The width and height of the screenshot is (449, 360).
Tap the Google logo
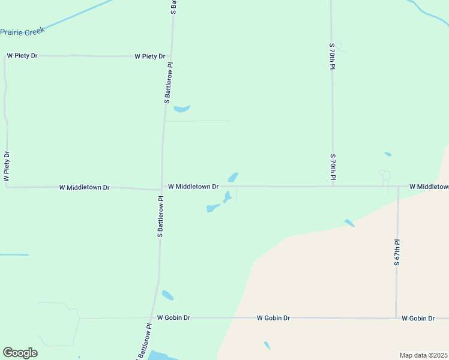[20, 353]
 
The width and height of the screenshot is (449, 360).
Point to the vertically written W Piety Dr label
[7, 166]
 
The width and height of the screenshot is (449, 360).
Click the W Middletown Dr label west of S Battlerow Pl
[84, 187]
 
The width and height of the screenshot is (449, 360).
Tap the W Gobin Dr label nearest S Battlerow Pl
[173, 317]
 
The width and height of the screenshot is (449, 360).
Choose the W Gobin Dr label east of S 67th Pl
[418, 318]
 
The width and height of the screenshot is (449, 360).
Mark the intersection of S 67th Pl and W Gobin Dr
[396, 317]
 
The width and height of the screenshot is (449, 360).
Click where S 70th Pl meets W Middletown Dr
[333, 186]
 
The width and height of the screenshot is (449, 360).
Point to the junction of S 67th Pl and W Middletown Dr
[398, 187]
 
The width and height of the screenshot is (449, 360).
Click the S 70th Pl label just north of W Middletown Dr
[332, 167]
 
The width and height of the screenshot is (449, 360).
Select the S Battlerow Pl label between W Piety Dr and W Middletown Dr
[168, 83]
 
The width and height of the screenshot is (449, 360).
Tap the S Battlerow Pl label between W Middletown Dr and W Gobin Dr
[160, 217]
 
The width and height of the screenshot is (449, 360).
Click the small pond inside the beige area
[267, 346]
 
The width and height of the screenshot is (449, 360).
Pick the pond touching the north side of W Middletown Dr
[233, 178]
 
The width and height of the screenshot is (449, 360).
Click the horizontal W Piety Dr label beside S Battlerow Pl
[149, 56]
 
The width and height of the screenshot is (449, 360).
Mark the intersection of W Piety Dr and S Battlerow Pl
[171, 56]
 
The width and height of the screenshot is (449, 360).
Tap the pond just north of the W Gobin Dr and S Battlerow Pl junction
[167, 295]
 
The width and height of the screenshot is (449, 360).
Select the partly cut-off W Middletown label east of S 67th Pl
[429, 187]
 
